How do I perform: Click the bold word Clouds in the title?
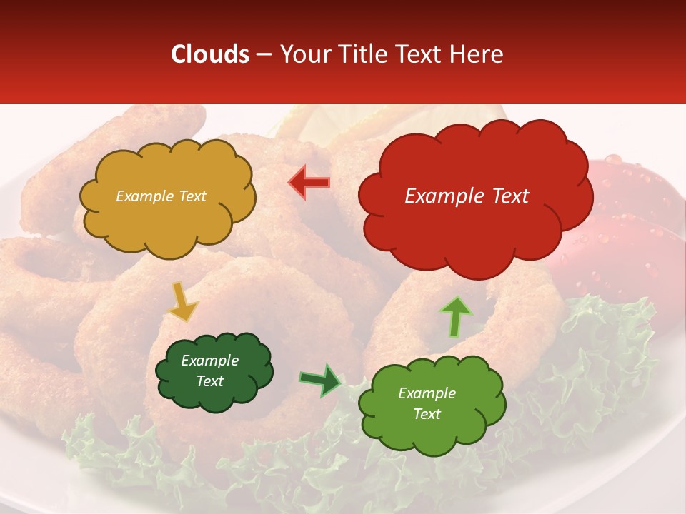point(210,54)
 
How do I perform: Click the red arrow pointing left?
point(309,183)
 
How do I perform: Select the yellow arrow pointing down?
point(182,301)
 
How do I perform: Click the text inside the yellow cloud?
point(161,196)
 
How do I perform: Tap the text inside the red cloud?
point(467,196)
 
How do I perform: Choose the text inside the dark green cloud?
point(209,371)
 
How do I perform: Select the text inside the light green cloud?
point(427,403)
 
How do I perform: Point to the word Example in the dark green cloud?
point(209,361)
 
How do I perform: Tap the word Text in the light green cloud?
point(427,414)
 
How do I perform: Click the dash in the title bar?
point(264,54)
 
